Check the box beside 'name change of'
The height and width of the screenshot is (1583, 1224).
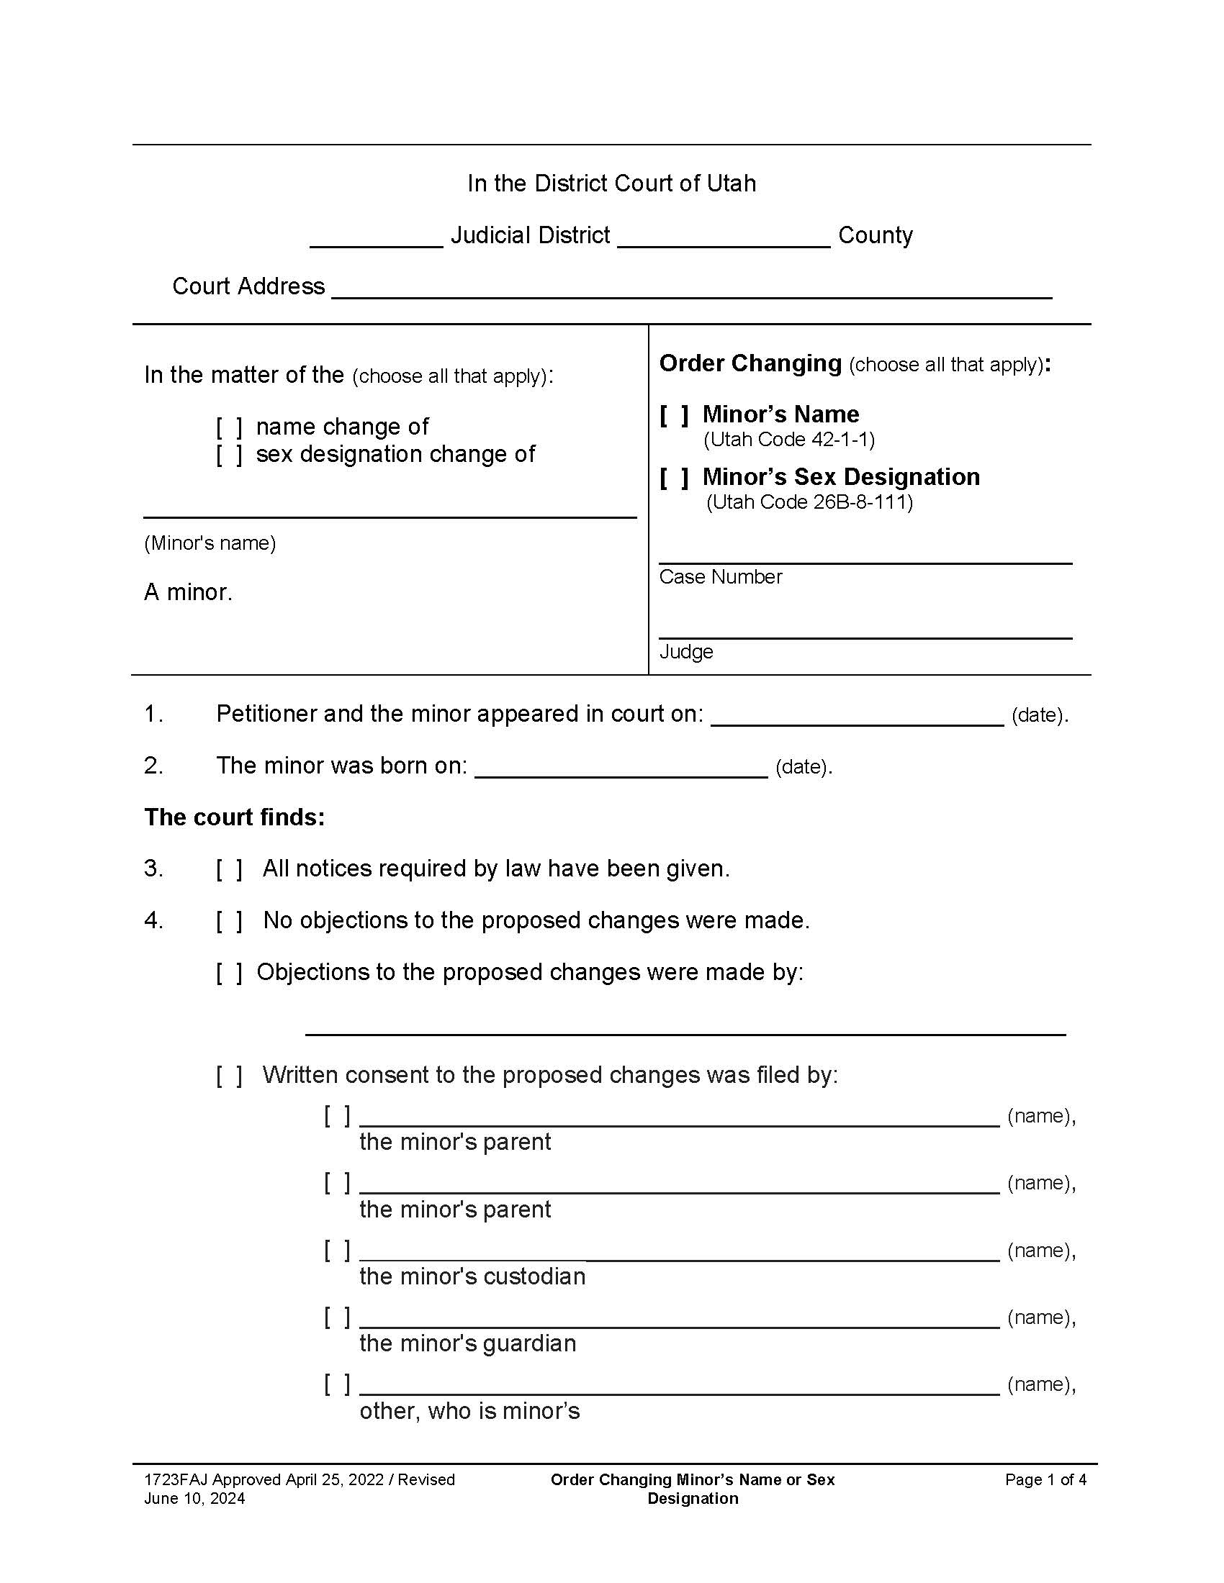coord(228,427)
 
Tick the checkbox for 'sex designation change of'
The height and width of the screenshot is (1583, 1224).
coord(228,455)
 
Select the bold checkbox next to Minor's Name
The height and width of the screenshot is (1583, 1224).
coord(674,415)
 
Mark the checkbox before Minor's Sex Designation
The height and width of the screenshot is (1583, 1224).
coord(674,478)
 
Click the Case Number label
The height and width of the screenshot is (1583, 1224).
coord(720,577)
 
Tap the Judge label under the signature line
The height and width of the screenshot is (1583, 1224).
coord(686,652)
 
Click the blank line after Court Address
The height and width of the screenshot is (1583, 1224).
coord(691,289)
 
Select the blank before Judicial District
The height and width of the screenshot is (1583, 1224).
coord(376,237)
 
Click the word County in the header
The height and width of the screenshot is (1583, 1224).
coord(876,235)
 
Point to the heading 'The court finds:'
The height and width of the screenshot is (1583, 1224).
coord(234,817)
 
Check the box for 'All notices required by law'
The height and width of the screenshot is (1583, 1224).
coord(228,869)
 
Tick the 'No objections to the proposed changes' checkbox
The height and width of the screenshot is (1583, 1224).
coord(228,921)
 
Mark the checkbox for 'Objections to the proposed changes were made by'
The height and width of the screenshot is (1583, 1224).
coord(228,973)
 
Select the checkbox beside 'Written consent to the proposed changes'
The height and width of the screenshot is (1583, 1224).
coord(228,1076)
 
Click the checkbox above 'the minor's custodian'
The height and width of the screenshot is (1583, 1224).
coord(336,1250)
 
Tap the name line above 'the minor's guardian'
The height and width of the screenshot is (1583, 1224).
coord(679,1319)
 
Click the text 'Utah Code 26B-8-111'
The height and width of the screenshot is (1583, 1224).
coord(809,502)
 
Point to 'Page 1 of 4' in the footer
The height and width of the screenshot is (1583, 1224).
coord(1045,1480)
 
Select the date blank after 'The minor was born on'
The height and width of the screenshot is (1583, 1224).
coord(621,768)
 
